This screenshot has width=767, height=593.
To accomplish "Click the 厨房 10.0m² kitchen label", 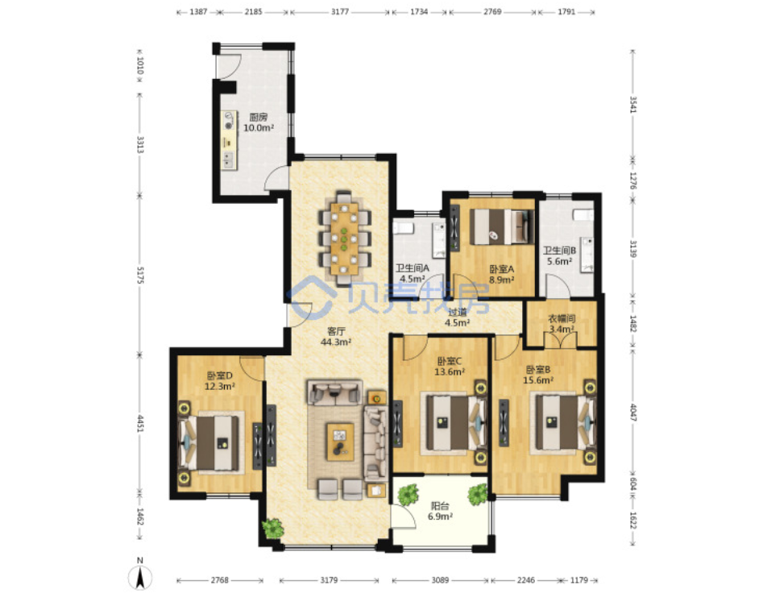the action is click(x=259, y=122).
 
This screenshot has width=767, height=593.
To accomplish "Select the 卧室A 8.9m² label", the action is click(x=501, y=274).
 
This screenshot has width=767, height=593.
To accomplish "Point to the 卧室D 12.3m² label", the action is click(x=220, y=380).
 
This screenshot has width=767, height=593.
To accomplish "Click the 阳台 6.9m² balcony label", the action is click(x=440, y=511).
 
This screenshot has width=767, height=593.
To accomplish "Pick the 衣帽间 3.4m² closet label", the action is click(x=561, y=323).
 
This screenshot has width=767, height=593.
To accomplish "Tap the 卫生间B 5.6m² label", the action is click(x=559, y=255).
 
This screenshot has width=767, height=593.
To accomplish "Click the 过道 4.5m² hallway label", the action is click(x=458, y=317).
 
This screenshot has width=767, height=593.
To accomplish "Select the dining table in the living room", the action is click(x=344, y=238).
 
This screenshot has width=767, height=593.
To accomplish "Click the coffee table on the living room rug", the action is click(x=341, y=442).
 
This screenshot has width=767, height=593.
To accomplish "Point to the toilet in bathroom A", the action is click(x=404, y=228).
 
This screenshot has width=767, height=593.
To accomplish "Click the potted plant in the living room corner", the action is click(x=273, y=528).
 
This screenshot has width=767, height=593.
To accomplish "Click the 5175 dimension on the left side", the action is click(x=140, y=276).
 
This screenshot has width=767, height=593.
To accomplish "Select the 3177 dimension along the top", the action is click(x=340, y=12).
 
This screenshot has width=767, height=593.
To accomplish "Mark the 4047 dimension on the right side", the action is click(x=632, y=412).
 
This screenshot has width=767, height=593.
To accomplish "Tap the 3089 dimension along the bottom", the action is click(x=440, y=580).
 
